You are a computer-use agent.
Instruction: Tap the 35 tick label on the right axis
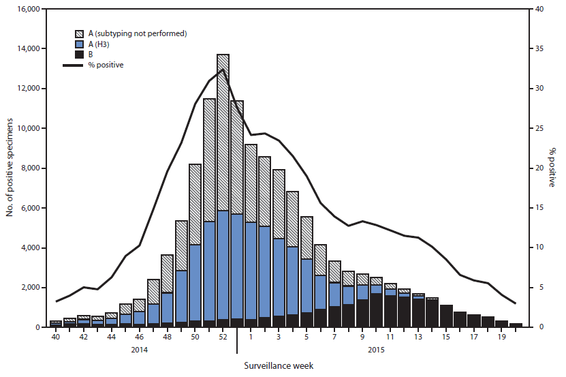coord(539,49)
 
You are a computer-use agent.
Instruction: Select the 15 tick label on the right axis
coord(539,208)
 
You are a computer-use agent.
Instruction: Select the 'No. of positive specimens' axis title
coord(10,168)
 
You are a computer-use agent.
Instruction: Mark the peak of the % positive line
coord(223,70)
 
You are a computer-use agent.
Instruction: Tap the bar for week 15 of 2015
coord(446,316)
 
